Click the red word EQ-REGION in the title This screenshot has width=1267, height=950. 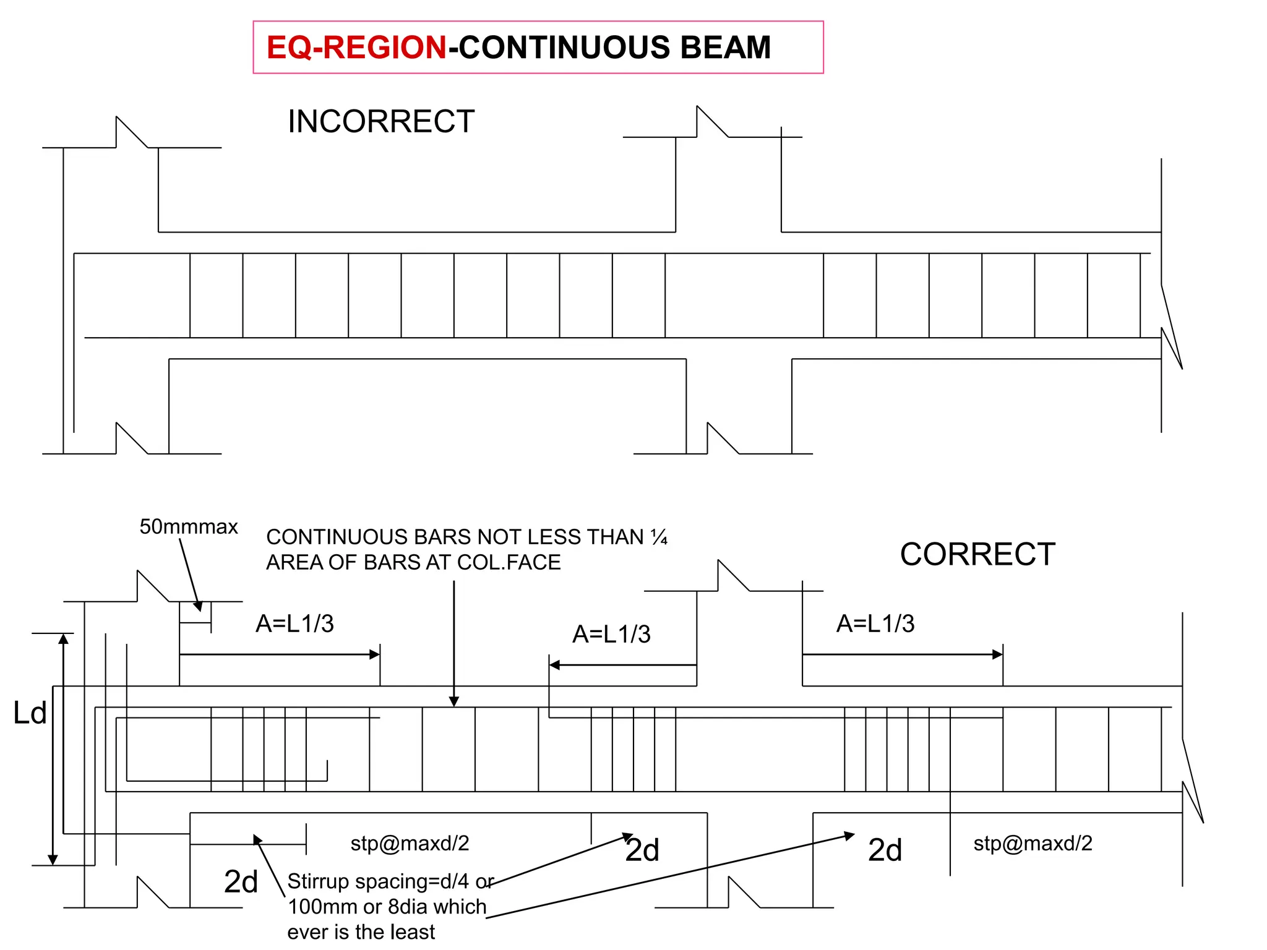click(x=356, y=48)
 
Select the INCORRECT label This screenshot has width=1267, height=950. click(x=381, y=121)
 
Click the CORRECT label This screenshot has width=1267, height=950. click(x=977, y=554)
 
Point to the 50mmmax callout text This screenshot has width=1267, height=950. click(x=189, y=527)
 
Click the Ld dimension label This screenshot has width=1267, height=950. click(x=30, y=713)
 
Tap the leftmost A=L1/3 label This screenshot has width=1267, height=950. click(x=294, y=623)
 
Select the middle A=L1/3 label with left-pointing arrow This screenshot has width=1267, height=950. click(x=611, y=634)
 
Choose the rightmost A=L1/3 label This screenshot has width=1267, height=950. click(x=875, y=623)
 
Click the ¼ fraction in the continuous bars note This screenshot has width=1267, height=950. click(x=659, y=537)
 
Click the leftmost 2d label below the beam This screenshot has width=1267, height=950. click(x=241, y=881)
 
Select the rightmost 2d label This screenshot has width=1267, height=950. click(x=885, y=850)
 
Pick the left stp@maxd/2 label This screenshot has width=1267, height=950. click(x=410, y=843)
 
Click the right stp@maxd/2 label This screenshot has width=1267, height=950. click(x=1033, y=843)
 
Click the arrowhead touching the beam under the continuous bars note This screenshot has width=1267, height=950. click(x=454, y=702)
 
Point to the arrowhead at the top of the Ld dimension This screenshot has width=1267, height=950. click(x=64, y=639)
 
